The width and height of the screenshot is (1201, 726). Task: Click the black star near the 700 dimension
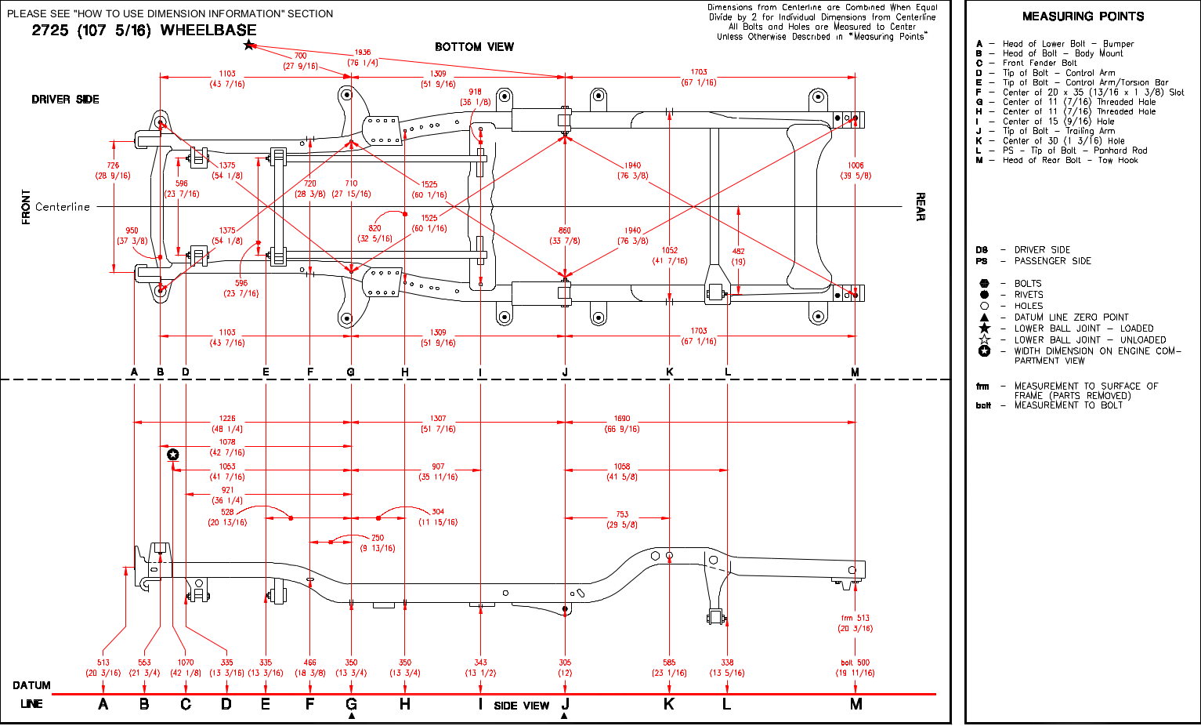point(249,45)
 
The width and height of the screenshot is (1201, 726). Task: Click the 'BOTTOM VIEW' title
point(474,47)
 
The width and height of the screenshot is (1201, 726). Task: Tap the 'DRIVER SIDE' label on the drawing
point(65,100)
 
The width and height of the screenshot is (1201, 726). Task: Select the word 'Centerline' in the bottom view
point(63,207)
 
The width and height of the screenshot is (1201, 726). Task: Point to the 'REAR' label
point(921,207)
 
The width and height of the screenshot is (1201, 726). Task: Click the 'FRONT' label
point(27,207)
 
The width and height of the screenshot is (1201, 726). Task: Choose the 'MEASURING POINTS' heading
point(1083,16)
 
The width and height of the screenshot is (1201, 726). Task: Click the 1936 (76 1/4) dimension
point(362,58)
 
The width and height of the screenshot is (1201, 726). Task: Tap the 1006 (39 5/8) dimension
point(856,171)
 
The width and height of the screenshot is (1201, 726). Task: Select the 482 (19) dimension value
point(738,256)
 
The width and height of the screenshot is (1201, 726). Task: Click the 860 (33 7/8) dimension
point(565,236)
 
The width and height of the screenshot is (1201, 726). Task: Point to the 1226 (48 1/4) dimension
point(227,424)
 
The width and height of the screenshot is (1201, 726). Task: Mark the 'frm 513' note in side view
point(855,623)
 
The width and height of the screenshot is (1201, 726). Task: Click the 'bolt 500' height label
point(855,668)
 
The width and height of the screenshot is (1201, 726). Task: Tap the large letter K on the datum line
point(669,704)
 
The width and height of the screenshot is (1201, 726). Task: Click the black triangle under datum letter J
point(565,716)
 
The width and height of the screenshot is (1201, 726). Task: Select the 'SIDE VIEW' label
point(522,706)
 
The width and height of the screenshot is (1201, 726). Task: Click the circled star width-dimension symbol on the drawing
point(173,454)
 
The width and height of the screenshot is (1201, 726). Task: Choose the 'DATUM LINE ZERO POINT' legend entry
point(1071,318)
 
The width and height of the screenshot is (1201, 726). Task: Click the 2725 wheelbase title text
point(144,31)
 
